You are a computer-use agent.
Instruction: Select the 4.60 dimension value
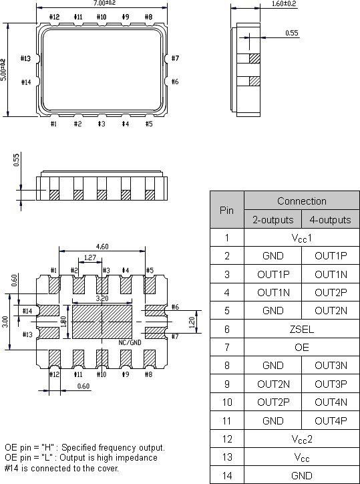pyautogui.click(x=102, y=247)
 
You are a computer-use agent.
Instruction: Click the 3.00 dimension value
pyautogui.click(x=5, y=322)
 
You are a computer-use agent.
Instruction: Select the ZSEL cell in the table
pyautogui.click(x=302, y=330)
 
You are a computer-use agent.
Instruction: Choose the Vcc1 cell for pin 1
pyautogui.click(x=302, y=237)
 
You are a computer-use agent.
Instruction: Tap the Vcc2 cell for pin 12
pyautogui.click(x=302, y=439)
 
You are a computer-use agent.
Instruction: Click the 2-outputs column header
pyautogui.click(x=273, y=219)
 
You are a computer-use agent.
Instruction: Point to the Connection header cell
pyautogui.click(x=302, y=201)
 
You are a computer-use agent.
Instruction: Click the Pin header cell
pyautogui.click(x=227, y=210)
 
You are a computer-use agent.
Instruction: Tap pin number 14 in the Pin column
pyautogui.click(x=227, y=475)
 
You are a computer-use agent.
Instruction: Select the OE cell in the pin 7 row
pyautogui.click(x=302, y=348)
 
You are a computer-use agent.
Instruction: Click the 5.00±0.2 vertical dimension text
pyautogui.click(x=5, y=70)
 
